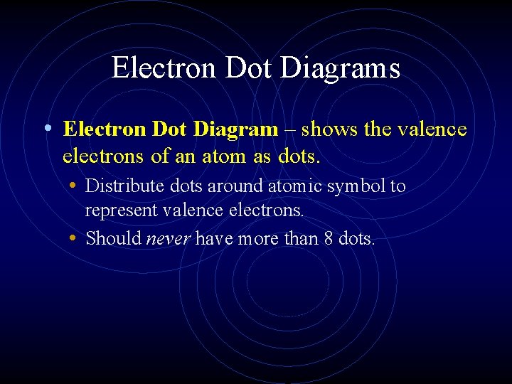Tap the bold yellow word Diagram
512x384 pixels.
[236, 129]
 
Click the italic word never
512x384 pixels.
[168, 238]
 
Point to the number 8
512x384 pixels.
[328, 238]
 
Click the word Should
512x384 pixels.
[114, 238]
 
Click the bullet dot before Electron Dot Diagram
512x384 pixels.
[46, 129]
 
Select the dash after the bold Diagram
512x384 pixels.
[291, 130]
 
